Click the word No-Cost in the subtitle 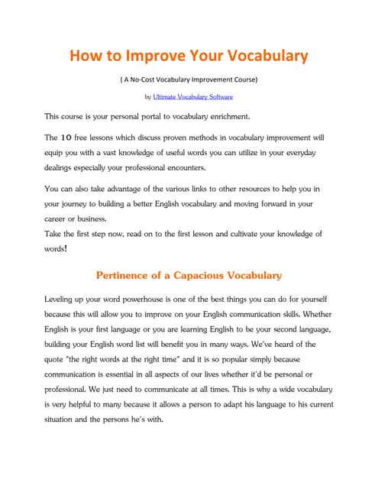coord(145,79)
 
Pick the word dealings coord(60,167)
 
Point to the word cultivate coord(257,234)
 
